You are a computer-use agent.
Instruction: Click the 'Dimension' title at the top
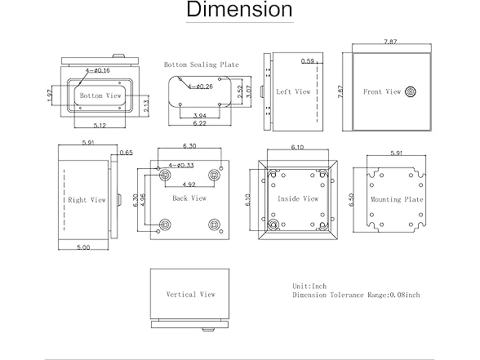239,9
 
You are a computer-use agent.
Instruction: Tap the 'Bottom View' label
100,96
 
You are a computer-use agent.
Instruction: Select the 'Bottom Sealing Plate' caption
201,64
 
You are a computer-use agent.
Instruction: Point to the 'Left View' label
293,91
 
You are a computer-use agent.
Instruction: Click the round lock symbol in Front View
410,91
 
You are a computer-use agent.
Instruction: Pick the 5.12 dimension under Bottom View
100,125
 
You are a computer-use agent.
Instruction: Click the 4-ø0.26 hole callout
201,87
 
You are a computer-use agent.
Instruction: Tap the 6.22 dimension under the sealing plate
199,123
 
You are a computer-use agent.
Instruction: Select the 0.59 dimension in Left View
307,61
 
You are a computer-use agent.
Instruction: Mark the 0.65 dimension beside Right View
126,153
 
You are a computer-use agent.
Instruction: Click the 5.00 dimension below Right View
83,247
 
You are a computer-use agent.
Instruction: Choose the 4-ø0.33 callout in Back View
181,165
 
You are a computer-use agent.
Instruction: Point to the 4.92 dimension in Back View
189,184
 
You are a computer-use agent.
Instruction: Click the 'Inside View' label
298,198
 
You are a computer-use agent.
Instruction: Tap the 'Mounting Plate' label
397,199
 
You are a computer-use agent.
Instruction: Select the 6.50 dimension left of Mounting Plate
351,199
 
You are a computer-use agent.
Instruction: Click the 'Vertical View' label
190,294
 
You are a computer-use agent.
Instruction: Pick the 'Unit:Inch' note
309,287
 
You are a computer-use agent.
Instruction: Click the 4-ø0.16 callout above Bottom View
98,70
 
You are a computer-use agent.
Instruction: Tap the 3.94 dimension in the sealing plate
199,116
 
